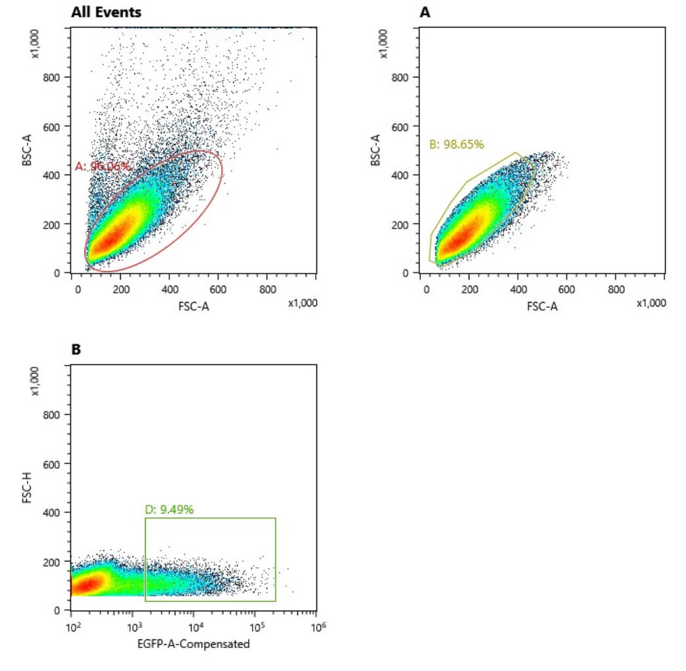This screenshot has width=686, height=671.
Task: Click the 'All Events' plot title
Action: [106, 12]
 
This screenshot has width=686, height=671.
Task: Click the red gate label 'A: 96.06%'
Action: [102, 167]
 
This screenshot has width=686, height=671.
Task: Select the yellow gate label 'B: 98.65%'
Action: [456, 144]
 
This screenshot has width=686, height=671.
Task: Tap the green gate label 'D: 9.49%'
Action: [169, 509]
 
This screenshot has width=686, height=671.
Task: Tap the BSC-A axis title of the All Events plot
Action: [27, 149]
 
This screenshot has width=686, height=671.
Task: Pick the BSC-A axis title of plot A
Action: [375, 149]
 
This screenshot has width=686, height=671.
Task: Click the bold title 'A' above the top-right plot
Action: [425, 12]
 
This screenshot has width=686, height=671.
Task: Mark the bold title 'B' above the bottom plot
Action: [76, 350]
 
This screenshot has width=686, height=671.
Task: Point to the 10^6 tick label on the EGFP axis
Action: [318, 626]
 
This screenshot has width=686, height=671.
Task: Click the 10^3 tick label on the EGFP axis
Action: [135, 626]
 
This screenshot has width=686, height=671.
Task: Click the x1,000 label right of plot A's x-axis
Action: [651, 303]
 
